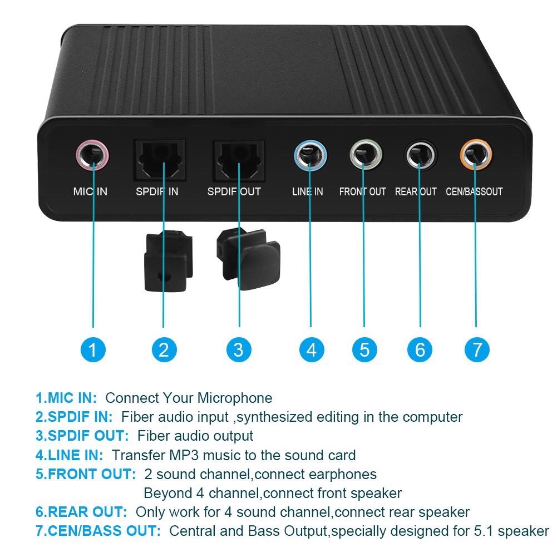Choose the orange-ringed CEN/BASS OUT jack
point(476,155)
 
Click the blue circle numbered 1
point(92,349)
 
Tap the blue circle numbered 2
point(164,349)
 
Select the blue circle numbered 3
point(238,349)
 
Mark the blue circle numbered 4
point(311,349)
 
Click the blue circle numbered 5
point(364,349)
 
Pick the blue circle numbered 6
point(420,349)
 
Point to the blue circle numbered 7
point(477,349)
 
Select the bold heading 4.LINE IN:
point(70,455)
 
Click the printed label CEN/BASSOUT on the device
point(474,192)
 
